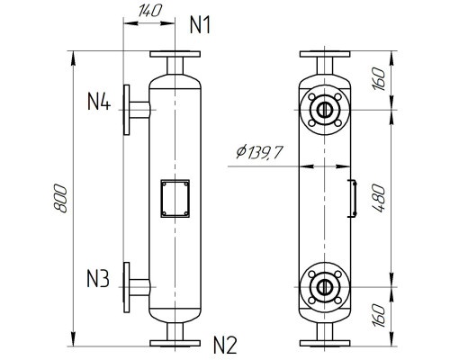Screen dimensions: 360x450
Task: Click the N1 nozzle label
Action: coord(201,25)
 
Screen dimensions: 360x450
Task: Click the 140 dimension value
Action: coord(139,12)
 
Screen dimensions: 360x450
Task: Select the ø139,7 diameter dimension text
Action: coord(258,153)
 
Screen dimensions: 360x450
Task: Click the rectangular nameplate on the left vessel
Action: coord(174,199)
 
